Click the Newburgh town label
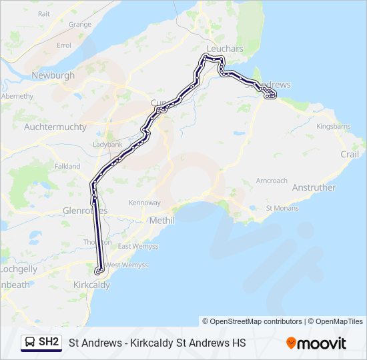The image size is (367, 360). [53, 75]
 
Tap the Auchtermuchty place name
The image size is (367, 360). [55, 127]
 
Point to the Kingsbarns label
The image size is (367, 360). [333, 125]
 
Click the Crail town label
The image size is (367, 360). [349, 154]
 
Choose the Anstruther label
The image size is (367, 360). [314, 187]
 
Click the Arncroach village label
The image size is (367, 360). [272, 181]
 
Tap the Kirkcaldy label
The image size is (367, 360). [91, 285]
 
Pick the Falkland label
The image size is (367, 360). [67, 166]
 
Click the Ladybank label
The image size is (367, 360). [107, 144]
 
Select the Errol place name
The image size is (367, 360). [64, 45]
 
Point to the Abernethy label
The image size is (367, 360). [17, 96]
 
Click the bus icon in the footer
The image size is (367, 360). [30, 343]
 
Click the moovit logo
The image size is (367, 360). [316, 343]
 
